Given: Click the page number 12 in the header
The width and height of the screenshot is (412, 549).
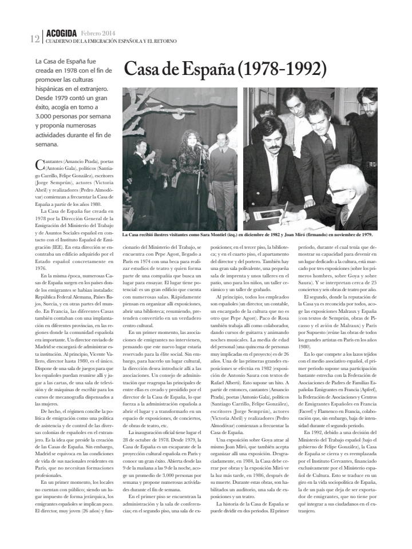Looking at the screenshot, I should coord(34,39).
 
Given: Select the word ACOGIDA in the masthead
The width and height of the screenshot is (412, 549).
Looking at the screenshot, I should coord(61,33).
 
